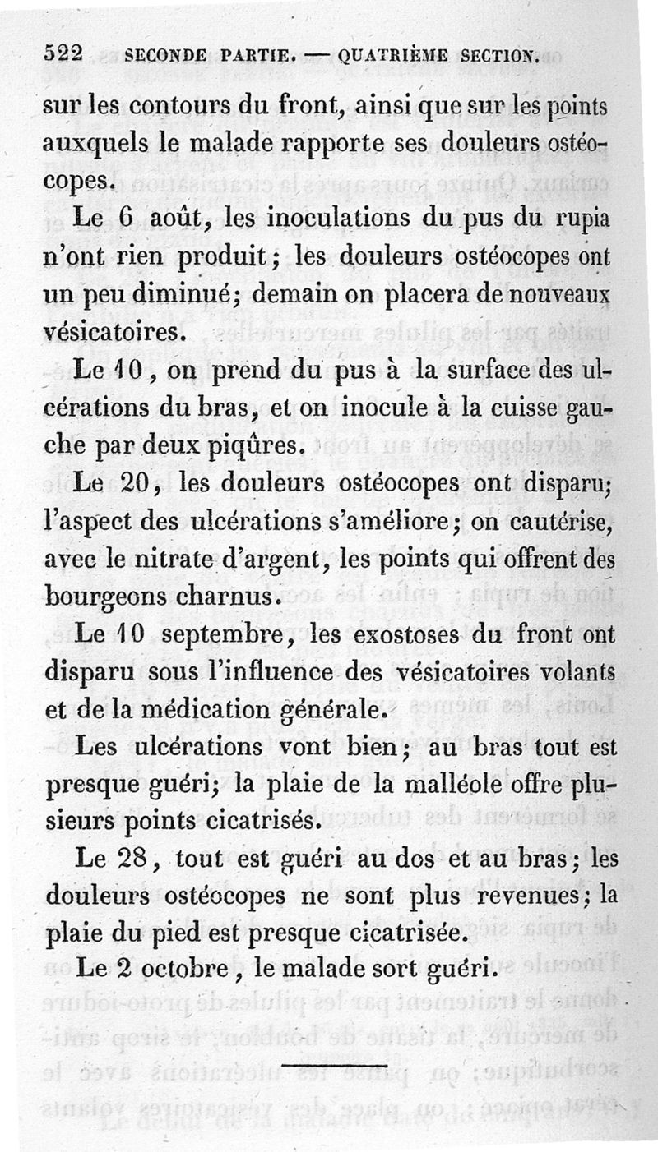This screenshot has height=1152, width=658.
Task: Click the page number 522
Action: coord(65,54)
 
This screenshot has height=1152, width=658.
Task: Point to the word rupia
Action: coord(580,221)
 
